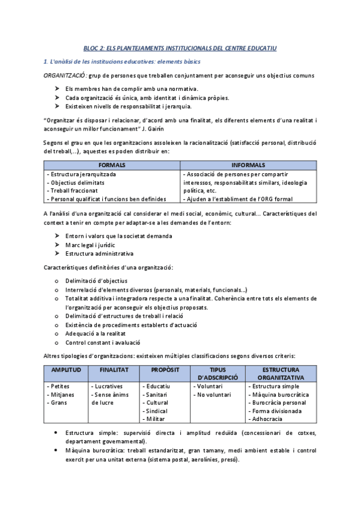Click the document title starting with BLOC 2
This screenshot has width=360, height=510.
click(180, 48)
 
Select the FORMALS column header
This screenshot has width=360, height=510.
click(112, 165)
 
